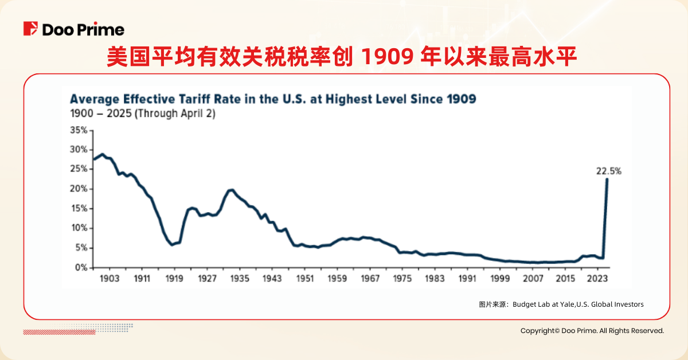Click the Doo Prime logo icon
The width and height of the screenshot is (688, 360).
pos(30,29)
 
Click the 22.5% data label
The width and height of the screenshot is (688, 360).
pos(608,171)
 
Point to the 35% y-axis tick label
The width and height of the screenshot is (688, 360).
pos(80,131)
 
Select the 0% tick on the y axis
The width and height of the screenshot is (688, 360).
pos(82,268)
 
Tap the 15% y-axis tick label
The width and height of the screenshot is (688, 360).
pos(80,209)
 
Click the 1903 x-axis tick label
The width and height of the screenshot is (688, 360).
pos(109,279)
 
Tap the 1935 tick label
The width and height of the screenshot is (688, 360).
pos(240,279)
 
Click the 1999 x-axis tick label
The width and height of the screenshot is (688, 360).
pos(501,279)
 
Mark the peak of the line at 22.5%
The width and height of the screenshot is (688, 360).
pos(607,179)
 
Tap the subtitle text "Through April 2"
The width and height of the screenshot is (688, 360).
pos(174,114)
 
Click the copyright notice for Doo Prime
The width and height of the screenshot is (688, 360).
pos(592,331)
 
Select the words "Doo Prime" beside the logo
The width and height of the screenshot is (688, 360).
pos(83,29)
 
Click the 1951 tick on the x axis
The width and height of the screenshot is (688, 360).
pos(305,279)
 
